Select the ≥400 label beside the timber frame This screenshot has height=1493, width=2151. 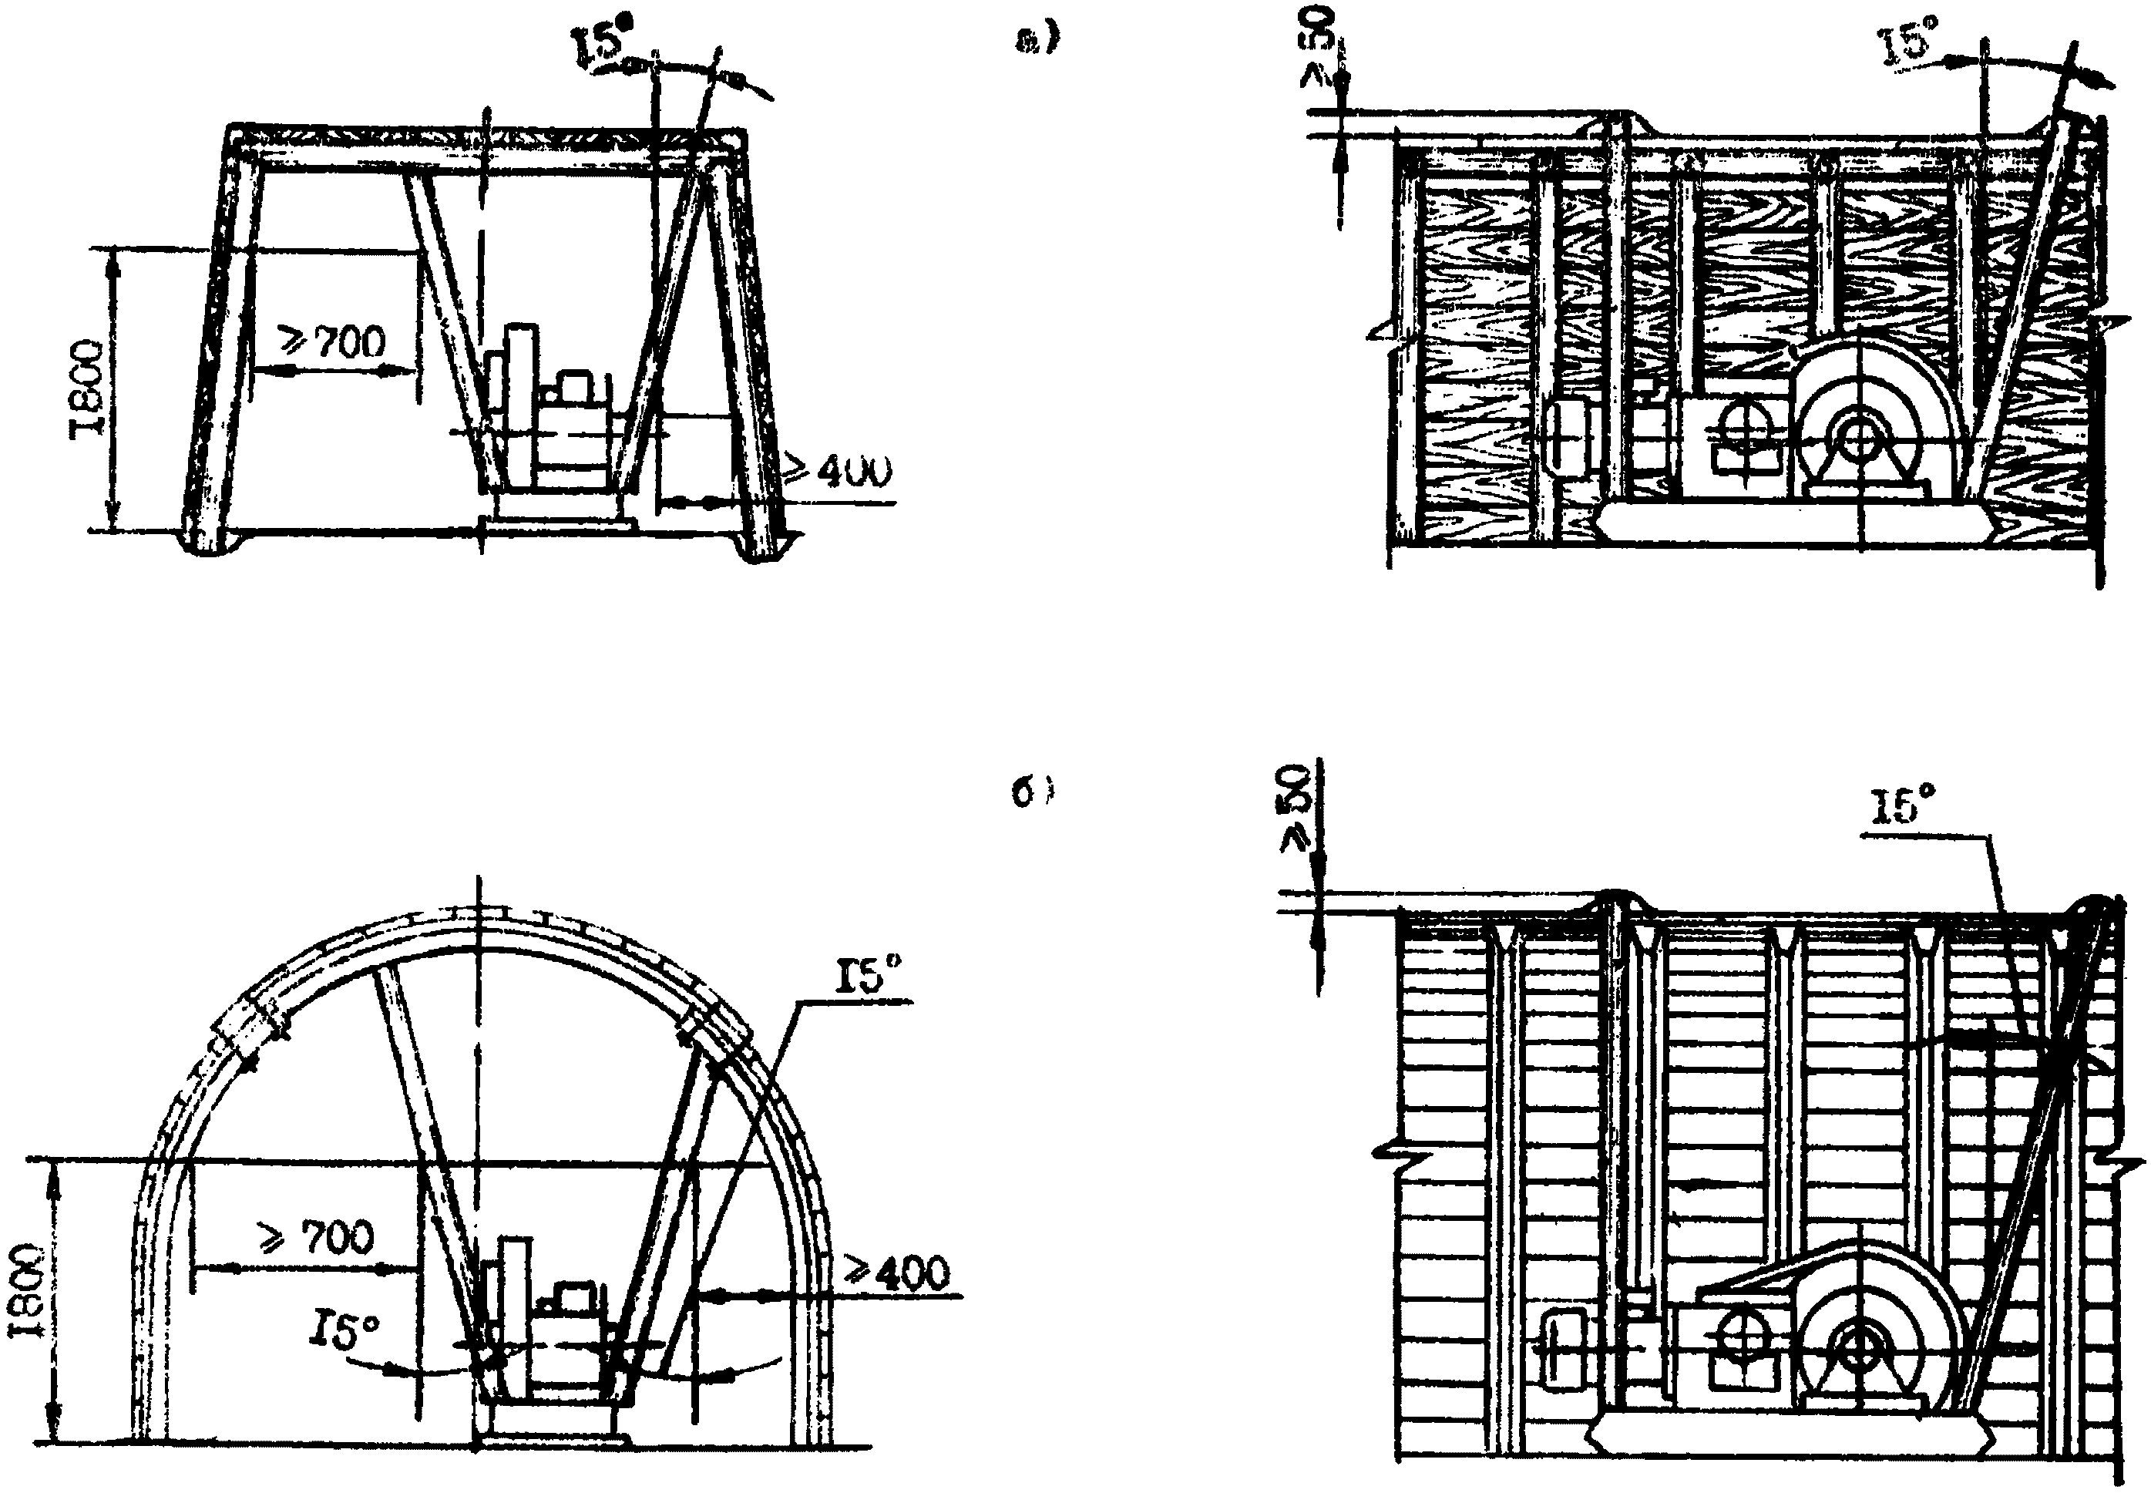837,470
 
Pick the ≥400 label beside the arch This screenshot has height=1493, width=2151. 896,1273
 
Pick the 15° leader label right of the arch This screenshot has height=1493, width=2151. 870,980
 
